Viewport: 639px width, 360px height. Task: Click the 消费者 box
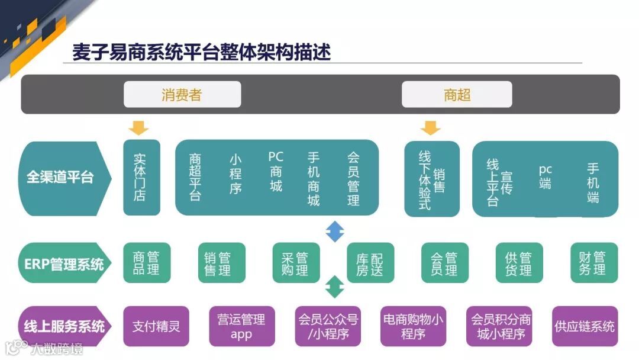pyautogui.click(x=182, y=94)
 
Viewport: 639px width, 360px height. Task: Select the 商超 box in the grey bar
pyautogui.click(x=457, y=94)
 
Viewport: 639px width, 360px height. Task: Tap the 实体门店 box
pyautogui.click(x=141, y=177)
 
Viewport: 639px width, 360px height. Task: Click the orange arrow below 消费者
pyautogui.click(x=138, y=127)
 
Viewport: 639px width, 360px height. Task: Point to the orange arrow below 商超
pyautogui.click(x=430, y=127)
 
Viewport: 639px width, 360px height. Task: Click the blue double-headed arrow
pyautogui.click(x=335, y=231)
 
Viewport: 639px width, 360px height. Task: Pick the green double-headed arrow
pyautogui.click(x=335, y=287)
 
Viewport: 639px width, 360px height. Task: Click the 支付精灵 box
pyautogui.click(x=156, y=326)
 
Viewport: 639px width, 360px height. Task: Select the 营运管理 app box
pyautogui.click(x=241, y=326)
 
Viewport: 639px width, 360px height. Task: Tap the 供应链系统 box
pyautogui.click(x=584, y=326)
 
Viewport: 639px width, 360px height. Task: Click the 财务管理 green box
pyautogui.click(x=593, y=263)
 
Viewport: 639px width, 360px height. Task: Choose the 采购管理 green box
pyautogui.click(x=295, y=263)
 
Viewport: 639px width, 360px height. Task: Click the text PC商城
pyautogui.click(x=276, y=172)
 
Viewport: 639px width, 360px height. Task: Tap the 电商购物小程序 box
pyautogui.click(x=413, y=326)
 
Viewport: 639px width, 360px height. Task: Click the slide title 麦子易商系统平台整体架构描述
pyautogui.click(x=201, y=52)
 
